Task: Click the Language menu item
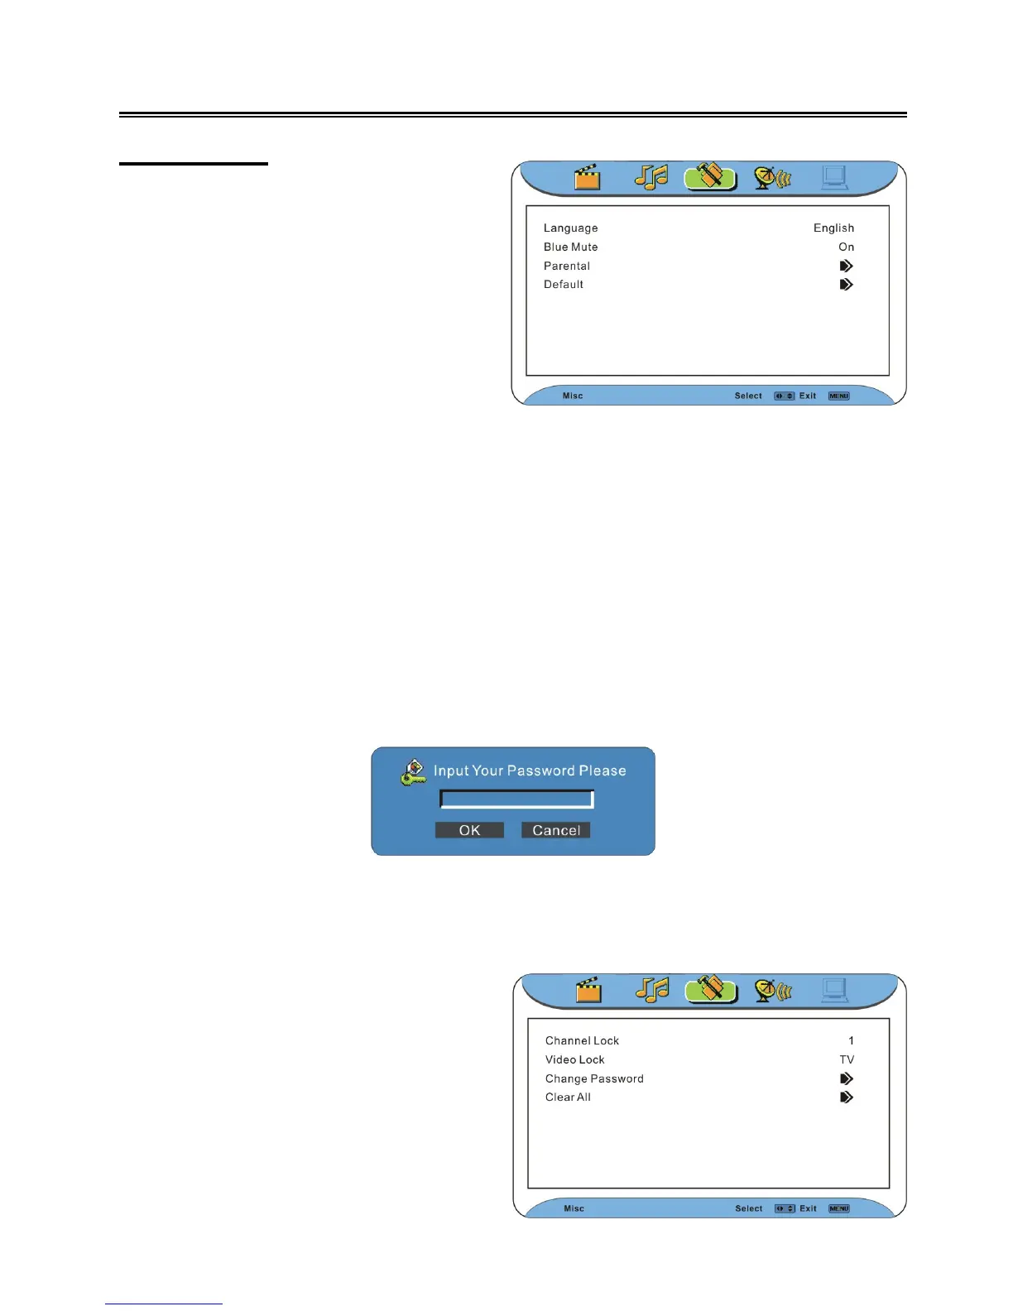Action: (570, 228)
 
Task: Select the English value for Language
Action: (833, 228)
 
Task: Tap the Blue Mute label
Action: (570, 247)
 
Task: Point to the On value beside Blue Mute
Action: (846, 247)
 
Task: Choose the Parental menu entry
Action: (567, 267)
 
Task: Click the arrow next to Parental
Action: (846, 267)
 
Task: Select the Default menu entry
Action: (564, 285)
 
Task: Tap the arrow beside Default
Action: (846, 285)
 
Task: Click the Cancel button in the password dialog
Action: (555, 830)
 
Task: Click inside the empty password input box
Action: (516, 800)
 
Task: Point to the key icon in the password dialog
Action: (412, 772)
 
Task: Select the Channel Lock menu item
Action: (582, 1041)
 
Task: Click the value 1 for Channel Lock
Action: (851, 1041)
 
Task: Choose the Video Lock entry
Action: (574, 1060)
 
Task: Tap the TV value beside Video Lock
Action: (847, 1060)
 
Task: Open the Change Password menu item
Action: (594, 1079)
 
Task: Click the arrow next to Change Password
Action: (846, 1079)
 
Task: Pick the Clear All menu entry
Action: (568, 1097)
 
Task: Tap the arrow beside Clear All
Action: (846, 1097)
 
